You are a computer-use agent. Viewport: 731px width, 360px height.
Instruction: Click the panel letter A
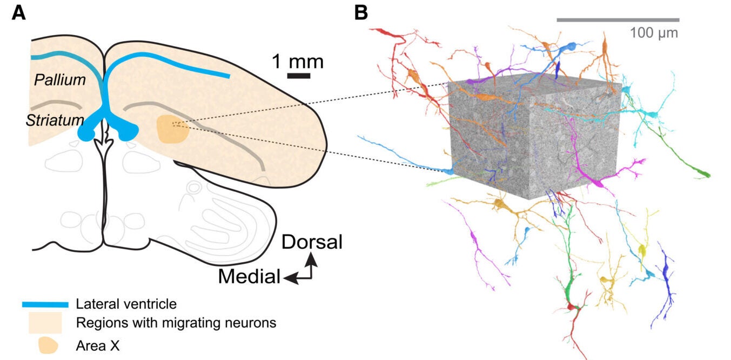tap(18, 12)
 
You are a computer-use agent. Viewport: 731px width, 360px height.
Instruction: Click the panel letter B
tap(360, 12)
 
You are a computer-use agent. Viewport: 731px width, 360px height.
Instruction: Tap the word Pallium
tap(60, 80)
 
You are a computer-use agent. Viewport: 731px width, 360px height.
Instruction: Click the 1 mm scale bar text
tap(298, 61)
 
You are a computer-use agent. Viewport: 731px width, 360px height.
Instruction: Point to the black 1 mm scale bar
tap(298, 76)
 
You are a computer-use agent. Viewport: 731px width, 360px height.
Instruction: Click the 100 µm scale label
tap(654, 32)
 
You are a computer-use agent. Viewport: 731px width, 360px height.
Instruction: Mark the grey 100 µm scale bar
tap(618, 20)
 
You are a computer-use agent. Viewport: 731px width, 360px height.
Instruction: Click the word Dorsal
tap(312, 242)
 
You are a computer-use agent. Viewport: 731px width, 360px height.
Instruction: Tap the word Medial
tap(249, 276)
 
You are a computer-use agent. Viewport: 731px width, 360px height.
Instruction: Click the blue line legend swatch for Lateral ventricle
tap(45, 304)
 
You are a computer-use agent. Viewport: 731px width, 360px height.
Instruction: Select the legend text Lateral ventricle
tap(126, 304)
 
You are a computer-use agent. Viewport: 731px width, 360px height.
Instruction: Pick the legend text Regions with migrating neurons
tap(176, 323)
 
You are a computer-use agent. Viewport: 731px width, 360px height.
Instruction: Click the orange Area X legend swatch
tap(48, 344)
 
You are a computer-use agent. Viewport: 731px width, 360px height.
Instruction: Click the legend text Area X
tap(98, 345)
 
